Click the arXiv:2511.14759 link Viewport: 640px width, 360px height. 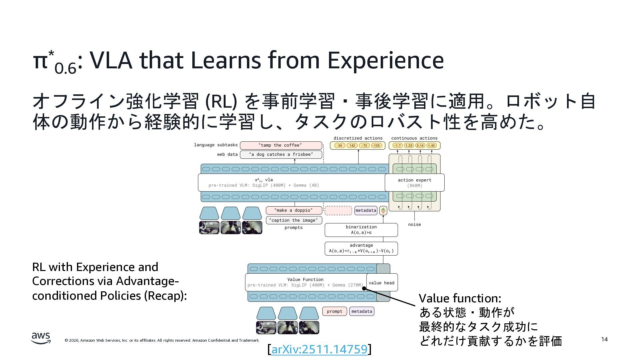pyautogui.click(x=319, y=349)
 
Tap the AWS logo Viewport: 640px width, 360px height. pyautogui.click(x=41, y=338)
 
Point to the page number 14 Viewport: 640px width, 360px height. pyautogui.click(x=604, y=339)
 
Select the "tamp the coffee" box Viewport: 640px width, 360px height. pyautogui.click(x=281, y=145)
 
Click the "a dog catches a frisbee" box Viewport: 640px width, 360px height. pyautogui.click(x=281, y=154)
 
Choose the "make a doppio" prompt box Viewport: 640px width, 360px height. pyautogui.click(x=294, y=210)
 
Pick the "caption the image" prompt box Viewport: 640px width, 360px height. pyautogui.click(x=294, y=220)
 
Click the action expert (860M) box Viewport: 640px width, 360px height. pyautogui.click(x=414, y=183)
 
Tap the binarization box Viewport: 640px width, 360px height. pyautogui.click(x=361, y=230)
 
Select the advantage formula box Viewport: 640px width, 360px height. pyautogui.click(x=361, y=248)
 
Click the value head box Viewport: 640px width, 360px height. pyautogui.click(x=382, y=283)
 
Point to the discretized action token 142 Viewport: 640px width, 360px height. pyautogui.click(x=352, y=146)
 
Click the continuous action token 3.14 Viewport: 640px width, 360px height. pyautogui.click(x=420, y=146)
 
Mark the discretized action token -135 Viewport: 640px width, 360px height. pyautogui.click(x=376, y=146)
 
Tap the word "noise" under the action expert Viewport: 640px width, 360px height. pyautogui.click(x=414, y=224)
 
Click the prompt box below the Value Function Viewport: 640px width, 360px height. pyautogui.click(x=334, y=311)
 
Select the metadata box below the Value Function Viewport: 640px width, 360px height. pyautogui.click(x=362, y=311)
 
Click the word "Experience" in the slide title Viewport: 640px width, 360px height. pyautogui.click(x=385, y=60)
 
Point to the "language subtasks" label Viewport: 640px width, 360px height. pyautogui.click(x=216, y=145)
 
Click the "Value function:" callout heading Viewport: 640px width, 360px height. pyautogui.click(x=460, y=298)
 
